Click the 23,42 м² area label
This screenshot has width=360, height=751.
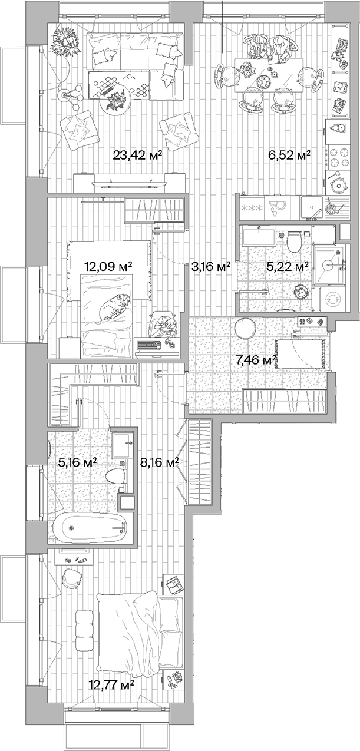coord(137,156)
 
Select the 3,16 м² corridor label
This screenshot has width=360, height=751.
coord(210,267)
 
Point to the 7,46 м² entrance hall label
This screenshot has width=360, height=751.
coord(256,359)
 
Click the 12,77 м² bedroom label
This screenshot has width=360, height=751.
coord(111,685)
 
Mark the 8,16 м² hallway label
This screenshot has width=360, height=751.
coord(158,463)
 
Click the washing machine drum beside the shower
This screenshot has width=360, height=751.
coord(333,299)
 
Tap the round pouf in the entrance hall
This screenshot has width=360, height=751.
coord(245,328)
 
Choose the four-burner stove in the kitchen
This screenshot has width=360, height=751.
coord(338,157)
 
